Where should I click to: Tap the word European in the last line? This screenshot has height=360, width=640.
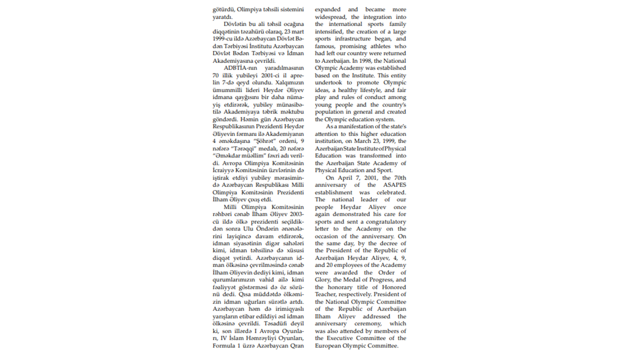coord(329,345)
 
